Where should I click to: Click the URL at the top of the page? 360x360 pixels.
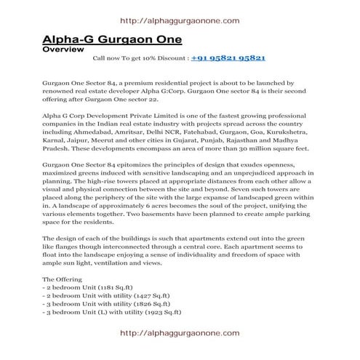point(178,21)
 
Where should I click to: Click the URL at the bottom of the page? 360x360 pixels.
point(178,333)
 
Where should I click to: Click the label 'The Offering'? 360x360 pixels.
point(63,279)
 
